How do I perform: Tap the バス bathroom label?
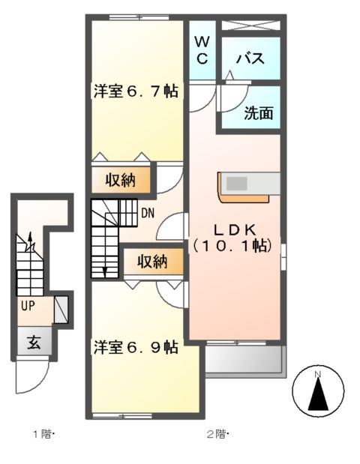click(x=249, y=59)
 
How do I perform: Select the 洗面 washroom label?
click(x=258, y=114)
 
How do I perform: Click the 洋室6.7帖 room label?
click(x=135, y=91)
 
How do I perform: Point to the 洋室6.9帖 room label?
click(x=135, y=347)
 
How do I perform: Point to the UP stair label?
click(x=27, y=307)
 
